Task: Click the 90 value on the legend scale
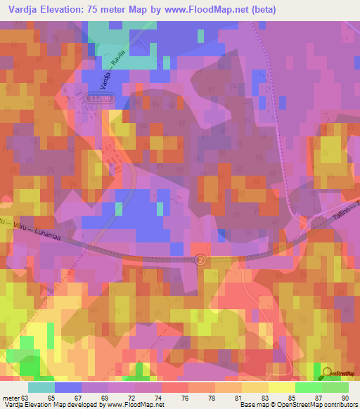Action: (x=345, y=398)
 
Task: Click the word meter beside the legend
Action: (x=11, y=398)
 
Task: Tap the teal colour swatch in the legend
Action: (x=41, y=387)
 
